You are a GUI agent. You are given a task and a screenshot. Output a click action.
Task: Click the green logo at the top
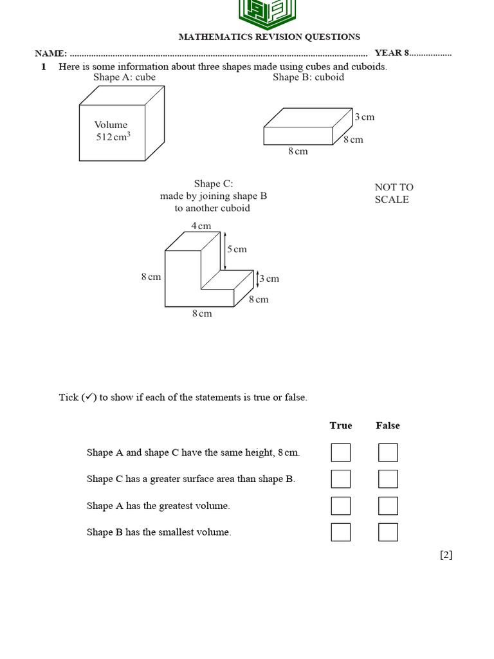click(x=269, y=14)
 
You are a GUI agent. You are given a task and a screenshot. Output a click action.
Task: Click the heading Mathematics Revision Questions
click(x=269, y=37)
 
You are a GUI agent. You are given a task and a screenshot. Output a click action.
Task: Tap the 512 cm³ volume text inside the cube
click(x=113, y=137)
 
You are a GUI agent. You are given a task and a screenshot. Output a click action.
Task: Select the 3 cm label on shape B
click(x=365, y=117)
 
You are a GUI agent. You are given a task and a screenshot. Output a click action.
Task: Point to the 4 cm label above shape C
click(x=201, y=226)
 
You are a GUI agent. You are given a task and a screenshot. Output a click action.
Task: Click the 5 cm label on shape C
click(x=237, y=249)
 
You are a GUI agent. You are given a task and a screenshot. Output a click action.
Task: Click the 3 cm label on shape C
click(x=270, y=279)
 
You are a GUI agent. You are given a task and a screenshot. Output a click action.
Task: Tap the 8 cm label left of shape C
click(x=151, y=277)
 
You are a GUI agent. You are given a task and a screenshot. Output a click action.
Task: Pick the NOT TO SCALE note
click(x=394, y=193)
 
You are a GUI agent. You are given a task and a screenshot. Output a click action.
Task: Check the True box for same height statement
click(x=341, y=452)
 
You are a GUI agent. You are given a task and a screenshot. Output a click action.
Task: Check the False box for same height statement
click(x=388, y=452)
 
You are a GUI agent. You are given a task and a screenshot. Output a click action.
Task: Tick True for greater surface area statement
click(x=341, y=479)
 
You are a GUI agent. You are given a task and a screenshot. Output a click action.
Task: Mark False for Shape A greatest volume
click(x=388, y=506)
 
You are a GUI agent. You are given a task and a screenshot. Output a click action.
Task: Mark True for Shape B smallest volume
click(x=341, y=532)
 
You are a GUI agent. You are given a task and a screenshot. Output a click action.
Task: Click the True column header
click(x=341, y=425)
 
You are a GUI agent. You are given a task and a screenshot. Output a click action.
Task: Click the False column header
click(x=388, y=425)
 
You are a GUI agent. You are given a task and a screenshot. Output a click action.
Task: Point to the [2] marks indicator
click(x=446, y=555)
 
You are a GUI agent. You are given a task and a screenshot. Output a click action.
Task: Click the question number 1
click(x=44, y=66)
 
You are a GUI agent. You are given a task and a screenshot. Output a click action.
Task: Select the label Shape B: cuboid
click(x=308, y=77)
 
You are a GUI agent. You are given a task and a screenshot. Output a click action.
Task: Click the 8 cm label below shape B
click(x=298, y=151)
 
